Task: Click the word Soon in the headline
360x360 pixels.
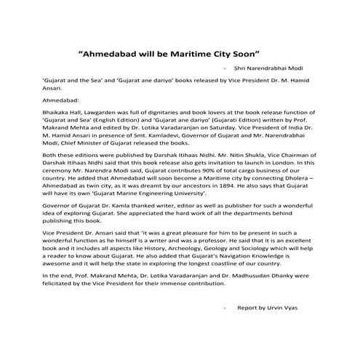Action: click(x=246, y=54)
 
